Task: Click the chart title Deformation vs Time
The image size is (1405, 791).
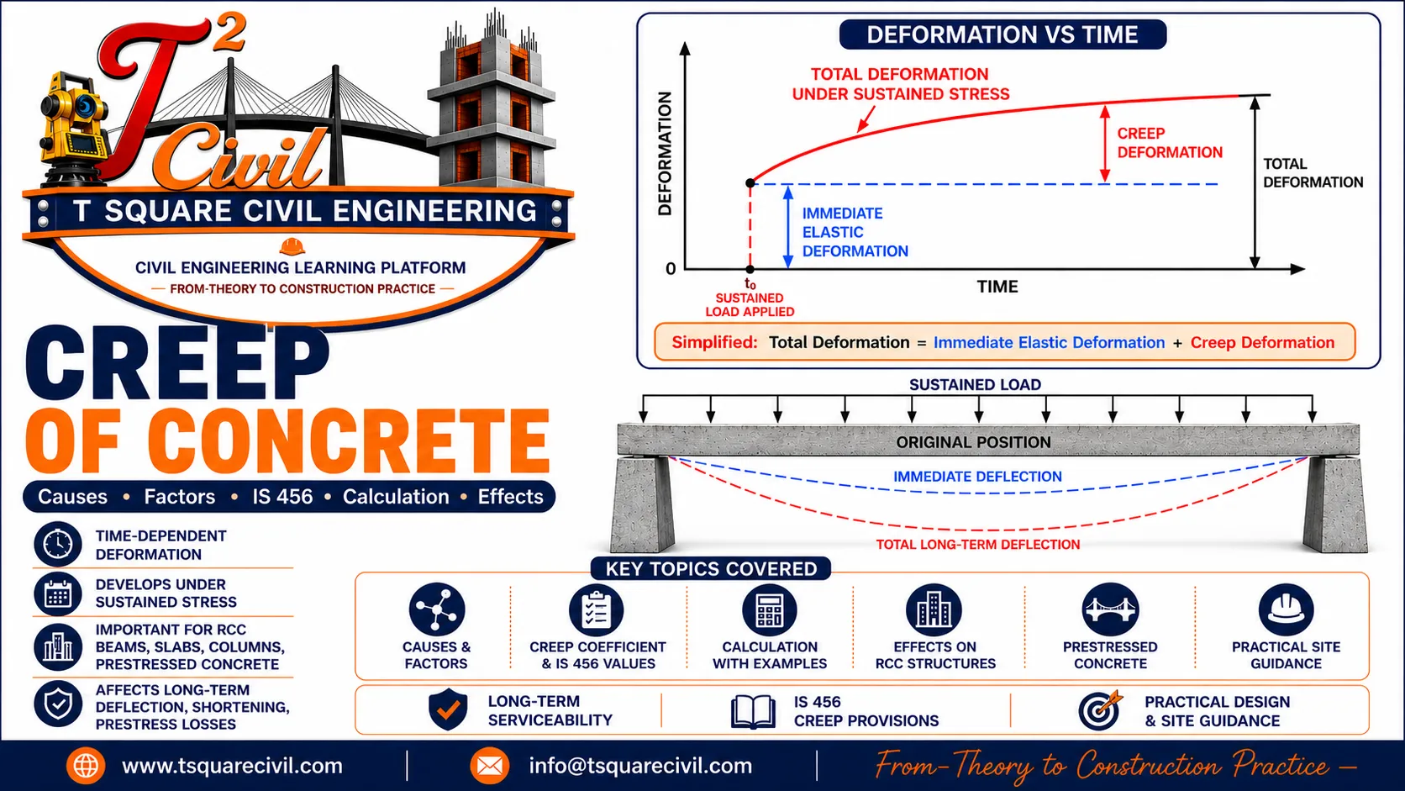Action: tap(1002, 34)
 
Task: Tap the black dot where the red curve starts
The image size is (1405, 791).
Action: tap(750, 183)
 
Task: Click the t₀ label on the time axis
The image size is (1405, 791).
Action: tap(750, 283)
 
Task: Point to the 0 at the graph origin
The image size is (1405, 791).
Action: tap(671, 269)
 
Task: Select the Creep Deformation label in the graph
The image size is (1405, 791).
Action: tap(1170, 143)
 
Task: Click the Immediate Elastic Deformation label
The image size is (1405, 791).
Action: tap(855, 232)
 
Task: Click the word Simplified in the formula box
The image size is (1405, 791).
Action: tap(714, 342)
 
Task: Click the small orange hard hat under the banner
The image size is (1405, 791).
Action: tap(292, 246)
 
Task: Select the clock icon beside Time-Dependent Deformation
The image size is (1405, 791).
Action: tap(58, 544)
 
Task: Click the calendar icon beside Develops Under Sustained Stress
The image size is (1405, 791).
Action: tap(58, 593)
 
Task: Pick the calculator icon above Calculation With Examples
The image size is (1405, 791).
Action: tap(769, 609)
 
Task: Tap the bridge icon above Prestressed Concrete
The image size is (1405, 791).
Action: tap(1109, 609)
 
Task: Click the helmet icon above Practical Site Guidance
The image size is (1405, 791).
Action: tap(1286, 609)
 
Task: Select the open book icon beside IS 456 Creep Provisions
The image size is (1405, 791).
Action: tap(753, 711)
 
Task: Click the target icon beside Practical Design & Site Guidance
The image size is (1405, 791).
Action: tap(1100, 710)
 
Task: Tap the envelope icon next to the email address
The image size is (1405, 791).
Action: tap(489, 766)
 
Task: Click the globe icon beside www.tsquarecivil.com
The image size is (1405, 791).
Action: tap(86, 766)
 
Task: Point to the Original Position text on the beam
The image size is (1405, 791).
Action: tap(973, 442)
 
